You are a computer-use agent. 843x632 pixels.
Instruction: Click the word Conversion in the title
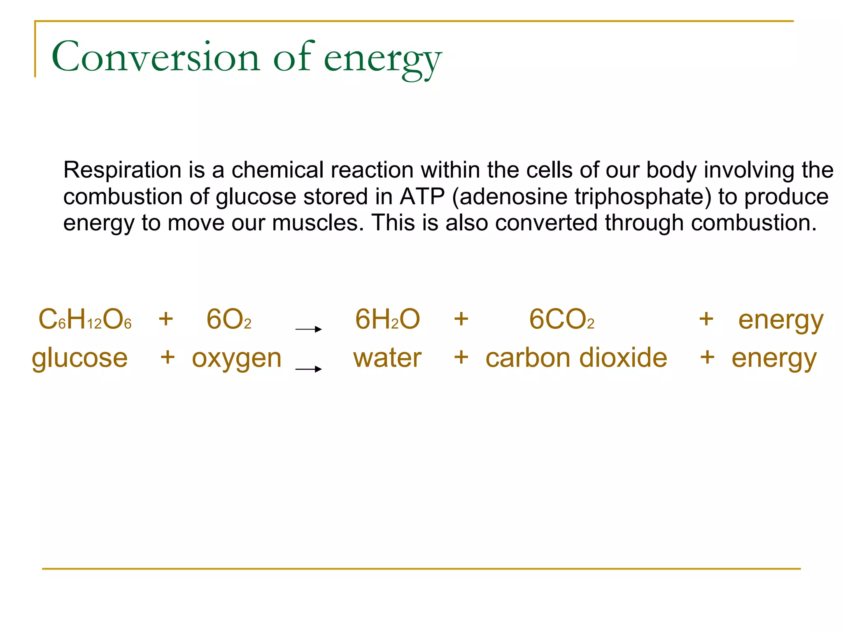(x=156, y=57)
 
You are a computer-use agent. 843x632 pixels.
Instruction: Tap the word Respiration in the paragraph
(x=122, y=170)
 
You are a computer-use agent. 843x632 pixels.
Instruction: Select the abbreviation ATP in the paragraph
(x=422, y=197)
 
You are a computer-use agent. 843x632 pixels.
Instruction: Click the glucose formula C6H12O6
(x=85, y=320)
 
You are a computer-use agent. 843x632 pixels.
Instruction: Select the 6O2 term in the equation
(x=228, y=320)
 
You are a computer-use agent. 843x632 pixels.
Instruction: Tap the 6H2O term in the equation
(x=387, y=320)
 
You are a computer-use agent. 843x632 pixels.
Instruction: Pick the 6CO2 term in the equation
(x=561, y=320)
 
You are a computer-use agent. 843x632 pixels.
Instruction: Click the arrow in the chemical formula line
(x=308, y=329)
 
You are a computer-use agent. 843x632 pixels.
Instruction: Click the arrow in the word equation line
(x=308, y=369)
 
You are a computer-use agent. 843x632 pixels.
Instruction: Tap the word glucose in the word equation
(x=80, y=358)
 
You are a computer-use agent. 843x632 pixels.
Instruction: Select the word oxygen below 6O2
(x=237, y=358)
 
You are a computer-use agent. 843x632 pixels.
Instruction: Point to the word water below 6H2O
(x=387, y=358)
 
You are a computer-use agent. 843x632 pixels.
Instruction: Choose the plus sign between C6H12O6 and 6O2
(x=166, y=319)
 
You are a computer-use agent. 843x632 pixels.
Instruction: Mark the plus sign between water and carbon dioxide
(x=461, y=357)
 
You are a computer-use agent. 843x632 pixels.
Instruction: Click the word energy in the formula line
(x=781, y=320)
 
